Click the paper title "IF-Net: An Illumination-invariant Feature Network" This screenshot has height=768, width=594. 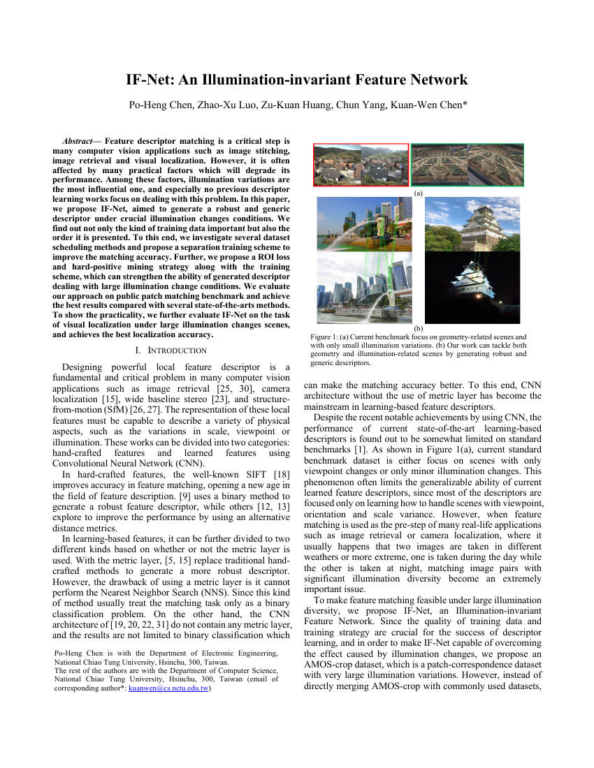(x=296, y=80)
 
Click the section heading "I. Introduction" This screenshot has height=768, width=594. (x=171, y=350)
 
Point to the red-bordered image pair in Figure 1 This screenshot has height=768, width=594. (x=361, y=165)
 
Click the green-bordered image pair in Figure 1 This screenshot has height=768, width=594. (x=468, y=165)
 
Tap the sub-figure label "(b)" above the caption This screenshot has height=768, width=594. (x=419, y=327)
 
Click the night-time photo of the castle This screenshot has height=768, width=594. (x=472, y=286)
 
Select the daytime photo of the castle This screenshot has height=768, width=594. (x=472, y=225)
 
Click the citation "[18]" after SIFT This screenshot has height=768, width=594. (x=282, y=475)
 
